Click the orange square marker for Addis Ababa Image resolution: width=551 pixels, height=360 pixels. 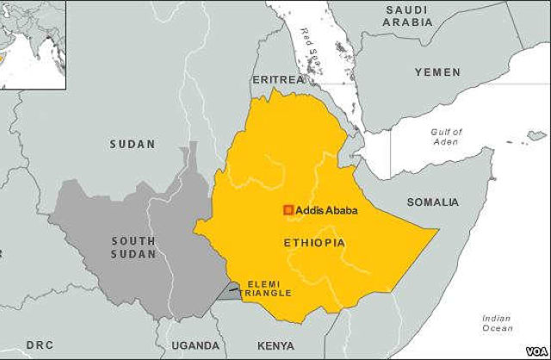click(x=288, y=210)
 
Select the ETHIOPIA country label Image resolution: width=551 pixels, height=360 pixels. click(x=314, y=244)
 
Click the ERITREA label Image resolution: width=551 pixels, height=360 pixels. click(x=278, y=79)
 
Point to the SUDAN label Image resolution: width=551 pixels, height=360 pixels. click(x=133, y=144)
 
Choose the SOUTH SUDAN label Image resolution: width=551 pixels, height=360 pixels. click(x=133, y=247)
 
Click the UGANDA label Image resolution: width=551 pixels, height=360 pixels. click(x=195, y=345)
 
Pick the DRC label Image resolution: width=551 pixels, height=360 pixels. click(x=39, y=345)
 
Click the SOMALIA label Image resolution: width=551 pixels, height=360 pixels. click(x=432, y=202)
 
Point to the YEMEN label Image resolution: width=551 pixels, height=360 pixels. click(x=437, y=71)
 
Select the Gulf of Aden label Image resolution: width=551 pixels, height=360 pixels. click(x=446, y=136)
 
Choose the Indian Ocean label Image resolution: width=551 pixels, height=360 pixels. click(x=496, y=323)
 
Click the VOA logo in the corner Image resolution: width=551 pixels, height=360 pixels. click(x=534, y=349)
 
